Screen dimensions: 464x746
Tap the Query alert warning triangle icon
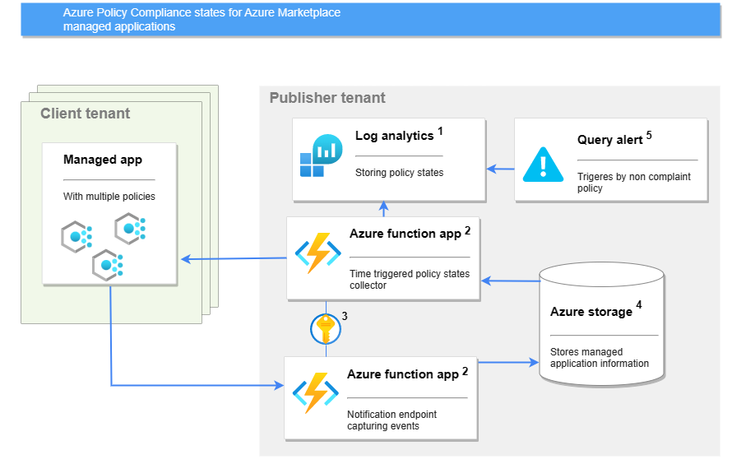click(x=544, y=163)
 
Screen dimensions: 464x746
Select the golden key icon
click(x=326, y=330)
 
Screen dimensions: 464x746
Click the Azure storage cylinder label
click(x=591, y=312)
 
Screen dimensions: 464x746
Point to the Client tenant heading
click(x=86, y=114)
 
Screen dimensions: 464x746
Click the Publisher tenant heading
click(x=327, y=98)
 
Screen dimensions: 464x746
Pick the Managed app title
click(x=103, y=160)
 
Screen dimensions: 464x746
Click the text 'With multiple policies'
click(x=109, y=197)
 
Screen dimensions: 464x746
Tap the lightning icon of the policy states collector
click(x=317, y=253)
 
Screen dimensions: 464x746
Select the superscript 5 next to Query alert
click(x=649, y=135)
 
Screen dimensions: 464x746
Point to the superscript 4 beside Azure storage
click(x=639, y=305)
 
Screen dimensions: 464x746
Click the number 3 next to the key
click(x=345, y=316)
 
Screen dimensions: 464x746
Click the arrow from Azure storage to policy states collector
click(x=510, y=281)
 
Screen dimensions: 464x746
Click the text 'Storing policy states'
click(x=399, y=173)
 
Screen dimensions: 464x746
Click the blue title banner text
click(x=202, y=20)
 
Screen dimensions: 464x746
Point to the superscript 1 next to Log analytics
click(x=440, y=131)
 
